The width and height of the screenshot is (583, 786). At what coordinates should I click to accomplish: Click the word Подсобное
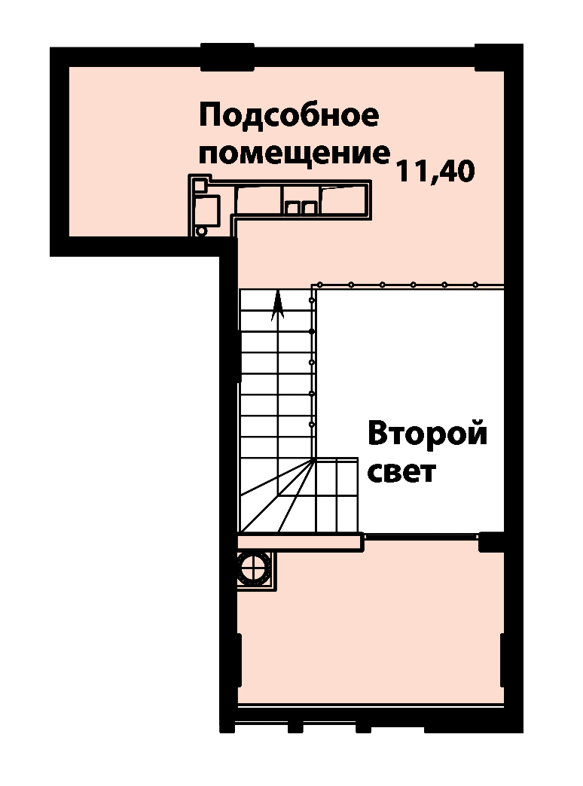pos(289,116)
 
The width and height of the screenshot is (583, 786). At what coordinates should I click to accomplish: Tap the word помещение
pos(295,154)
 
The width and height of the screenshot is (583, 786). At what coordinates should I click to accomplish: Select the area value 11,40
pos(435,172)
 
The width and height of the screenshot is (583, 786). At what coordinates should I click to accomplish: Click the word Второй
pos(428,434)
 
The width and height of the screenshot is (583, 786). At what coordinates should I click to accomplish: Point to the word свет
pos(401,472)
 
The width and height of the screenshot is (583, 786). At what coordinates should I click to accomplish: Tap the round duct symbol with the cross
pos(254,569)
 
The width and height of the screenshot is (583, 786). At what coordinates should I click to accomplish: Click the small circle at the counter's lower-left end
pos(200,231)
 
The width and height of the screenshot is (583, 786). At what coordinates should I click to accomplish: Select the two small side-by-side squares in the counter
pos(300,207)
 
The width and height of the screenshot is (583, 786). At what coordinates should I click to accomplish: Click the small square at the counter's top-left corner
pos(200,185)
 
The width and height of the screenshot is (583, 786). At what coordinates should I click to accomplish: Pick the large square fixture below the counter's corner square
pos(206,211)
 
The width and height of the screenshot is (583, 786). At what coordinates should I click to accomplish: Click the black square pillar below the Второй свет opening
pos(490,542)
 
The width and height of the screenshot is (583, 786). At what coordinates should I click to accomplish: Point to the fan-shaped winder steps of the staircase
pos(277,495)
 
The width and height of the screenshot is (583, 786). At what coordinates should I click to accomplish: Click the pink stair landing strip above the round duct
pos(300,542)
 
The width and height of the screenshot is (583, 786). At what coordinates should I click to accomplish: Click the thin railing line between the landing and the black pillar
pos(421,536)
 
